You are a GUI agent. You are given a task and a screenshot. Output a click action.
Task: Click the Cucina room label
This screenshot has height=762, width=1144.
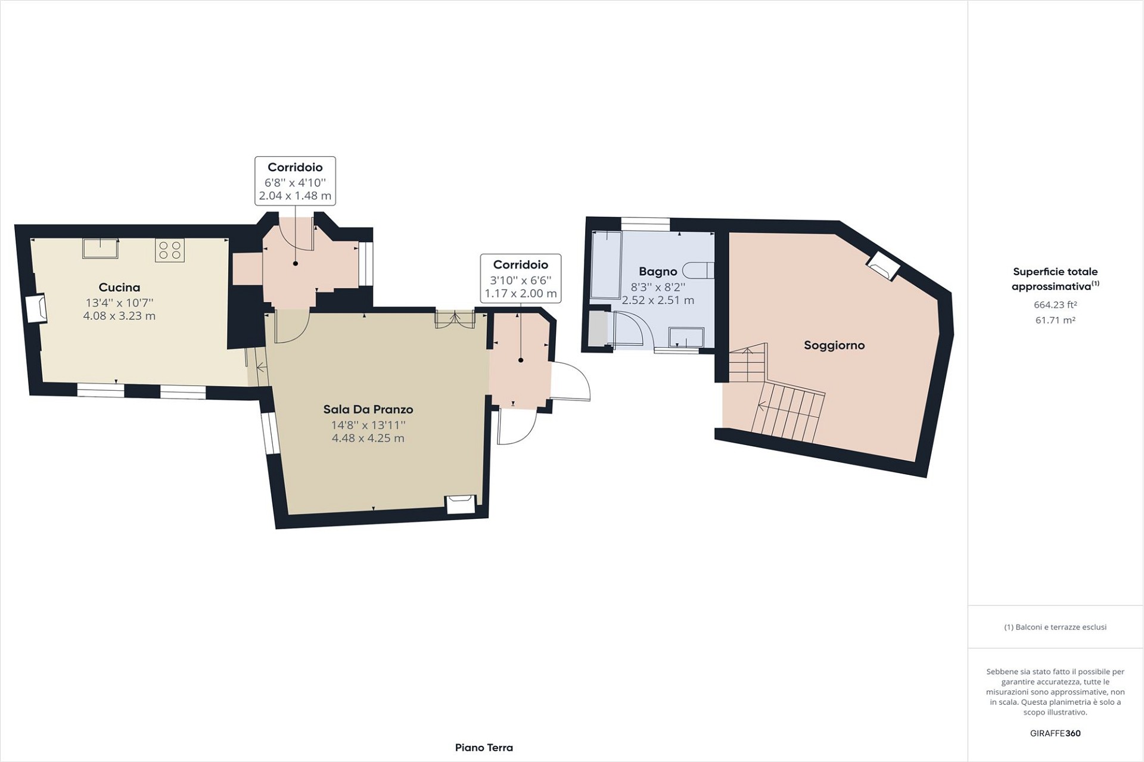point(120,287)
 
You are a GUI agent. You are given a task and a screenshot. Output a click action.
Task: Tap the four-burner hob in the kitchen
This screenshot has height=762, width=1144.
point(170,250)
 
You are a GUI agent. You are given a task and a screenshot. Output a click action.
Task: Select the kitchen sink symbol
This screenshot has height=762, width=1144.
point(100,248)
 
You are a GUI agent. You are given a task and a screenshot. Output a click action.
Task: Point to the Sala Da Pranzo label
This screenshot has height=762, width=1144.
point(368,409)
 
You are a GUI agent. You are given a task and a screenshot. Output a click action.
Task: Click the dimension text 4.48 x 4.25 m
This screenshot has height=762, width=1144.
point(368,438)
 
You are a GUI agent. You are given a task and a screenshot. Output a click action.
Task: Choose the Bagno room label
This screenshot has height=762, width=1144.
point(658,272)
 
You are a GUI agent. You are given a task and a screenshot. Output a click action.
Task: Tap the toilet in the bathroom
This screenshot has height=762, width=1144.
point(699,270)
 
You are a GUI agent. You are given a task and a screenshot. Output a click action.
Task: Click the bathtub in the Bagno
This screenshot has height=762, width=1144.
point(606,265)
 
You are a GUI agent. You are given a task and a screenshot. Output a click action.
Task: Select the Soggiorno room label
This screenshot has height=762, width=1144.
point(834,345)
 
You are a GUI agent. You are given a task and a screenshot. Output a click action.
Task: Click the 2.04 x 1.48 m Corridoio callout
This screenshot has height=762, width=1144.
point(296,181)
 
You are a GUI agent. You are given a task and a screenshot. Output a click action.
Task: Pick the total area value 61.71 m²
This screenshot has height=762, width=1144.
point(1055,320)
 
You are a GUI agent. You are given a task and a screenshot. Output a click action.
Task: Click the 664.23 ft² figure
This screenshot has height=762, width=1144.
point(1055,304)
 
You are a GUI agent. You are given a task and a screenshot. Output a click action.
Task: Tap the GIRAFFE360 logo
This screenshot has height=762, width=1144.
point(1055,733)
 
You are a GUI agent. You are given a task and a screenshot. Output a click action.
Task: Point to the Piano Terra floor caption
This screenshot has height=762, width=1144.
point(484,748)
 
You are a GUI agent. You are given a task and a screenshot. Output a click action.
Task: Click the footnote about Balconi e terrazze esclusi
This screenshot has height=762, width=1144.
point(1055,627)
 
